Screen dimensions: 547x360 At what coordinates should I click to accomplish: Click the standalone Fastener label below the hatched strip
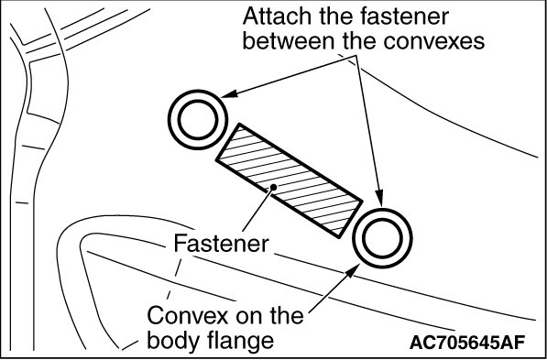(x=222, y=243)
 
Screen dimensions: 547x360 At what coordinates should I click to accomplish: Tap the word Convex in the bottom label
(x=187, y=316)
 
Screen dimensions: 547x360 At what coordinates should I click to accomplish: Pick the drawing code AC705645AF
(x=467, y=343)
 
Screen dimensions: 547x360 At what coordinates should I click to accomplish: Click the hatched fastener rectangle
(x=290, y=180)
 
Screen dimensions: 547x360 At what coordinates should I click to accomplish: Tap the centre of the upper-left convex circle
(x=198, y=120)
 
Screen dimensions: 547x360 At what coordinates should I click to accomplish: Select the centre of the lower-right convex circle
(x=383, y=238)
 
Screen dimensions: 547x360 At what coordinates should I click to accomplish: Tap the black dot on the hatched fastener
(x=274, y=187)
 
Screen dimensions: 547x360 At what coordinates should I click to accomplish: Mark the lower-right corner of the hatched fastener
(x=338, y=238)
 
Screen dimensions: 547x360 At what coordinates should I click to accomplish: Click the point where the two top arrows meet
(x=356, y=56)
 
